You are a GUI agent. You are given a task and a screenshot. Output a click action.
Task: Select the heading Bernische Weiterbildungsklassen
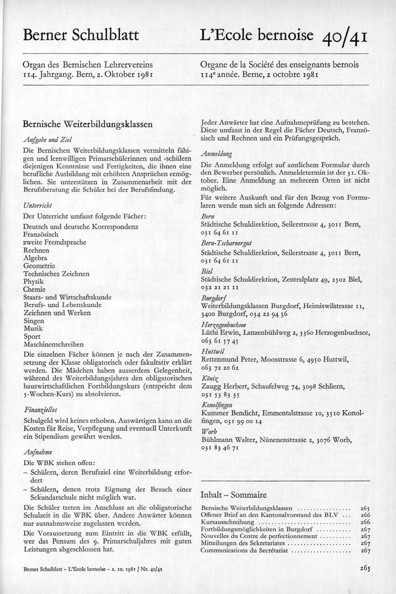click(x=87, y=125)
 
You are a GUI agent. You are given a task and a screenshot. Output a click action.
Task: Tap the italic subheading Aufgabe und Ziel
click(x=45, y=140)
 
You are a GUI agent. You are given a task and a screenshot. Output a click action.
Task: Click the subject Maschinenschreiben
click(x=53, y=344)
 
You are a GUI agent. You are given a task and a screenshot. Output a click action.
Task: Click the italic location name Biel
click(x=207, y=272)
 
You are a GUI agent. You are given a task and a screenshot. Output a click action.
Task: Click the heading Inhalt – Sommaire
click(x=233, y=495)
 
